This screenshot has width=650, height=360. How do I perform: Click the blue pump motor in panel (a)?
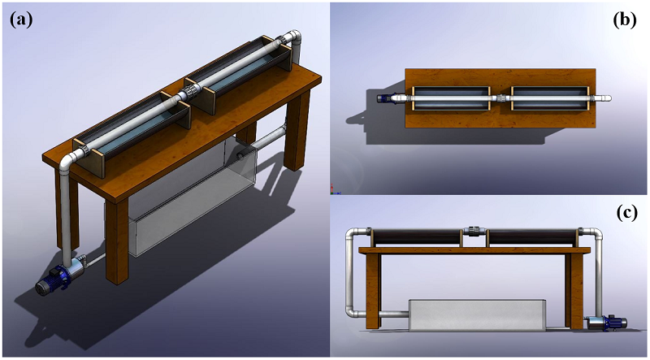click(x=59, y=278)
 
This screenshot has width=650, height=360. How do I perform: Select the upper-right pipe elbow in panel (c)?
click(x=597, y=235)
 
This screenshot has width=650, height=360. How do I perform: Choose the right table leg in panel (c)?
click(x=577, y=293)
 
